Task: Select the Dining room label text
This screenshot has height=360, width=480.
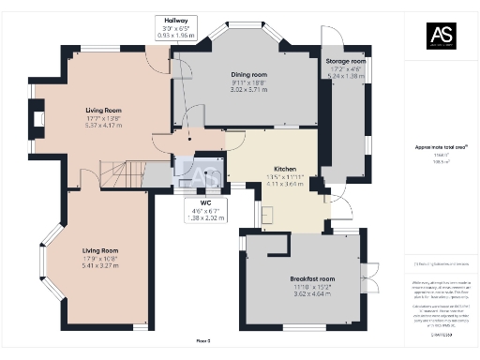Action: (250, 74)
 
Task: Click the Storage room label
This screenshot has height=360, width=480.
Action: (344, 62)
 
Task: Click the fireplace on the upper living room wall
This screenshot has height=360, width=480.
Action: (37, 118)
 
